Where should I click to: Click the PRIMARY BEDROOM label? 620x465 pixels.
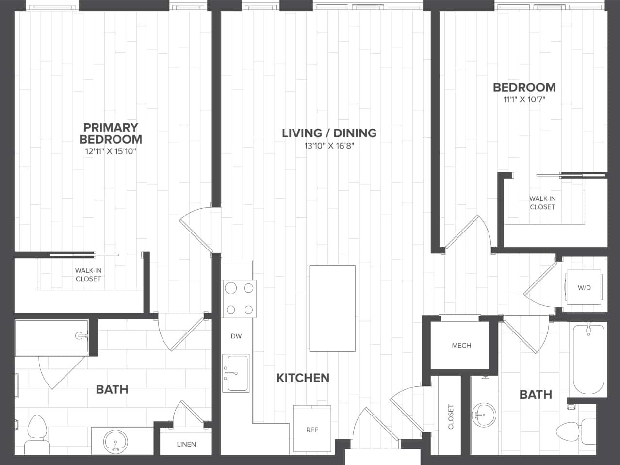(111, 133)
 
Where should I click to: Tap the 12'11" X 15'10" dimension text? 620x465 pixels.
(111, 151)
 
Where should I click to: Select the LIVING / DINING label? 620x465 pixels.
(329, 133)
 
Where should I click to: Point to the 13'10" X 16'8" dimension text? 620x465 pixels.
(329, 146)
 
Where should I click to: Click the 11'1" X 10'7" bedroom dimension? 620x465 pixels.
(524, 100)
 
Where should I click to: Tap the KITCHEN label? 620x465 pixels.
(303, 378)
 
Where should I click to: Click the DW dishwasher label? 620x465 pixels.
(236, 336)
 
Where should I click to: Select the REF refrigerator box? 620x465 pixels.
(312, 429)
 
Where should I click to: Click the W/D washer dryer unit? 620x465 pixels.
(584, 288)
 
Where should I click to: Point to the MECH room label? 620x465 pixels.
(461, 345)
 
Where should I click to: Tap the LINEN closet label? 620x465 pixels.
(186, 444)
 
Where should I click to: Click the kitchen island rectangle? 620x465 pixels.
(332, 308)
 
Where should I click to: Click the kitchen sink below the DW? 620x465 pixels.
(236, 373)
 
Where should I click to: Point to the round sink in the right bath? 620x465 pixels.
(484, 415)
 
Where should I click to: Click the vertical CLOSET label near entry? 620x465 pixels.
(450, 416)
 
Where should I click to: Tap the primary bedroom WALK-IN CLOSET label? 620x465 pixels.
(88, 275)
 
